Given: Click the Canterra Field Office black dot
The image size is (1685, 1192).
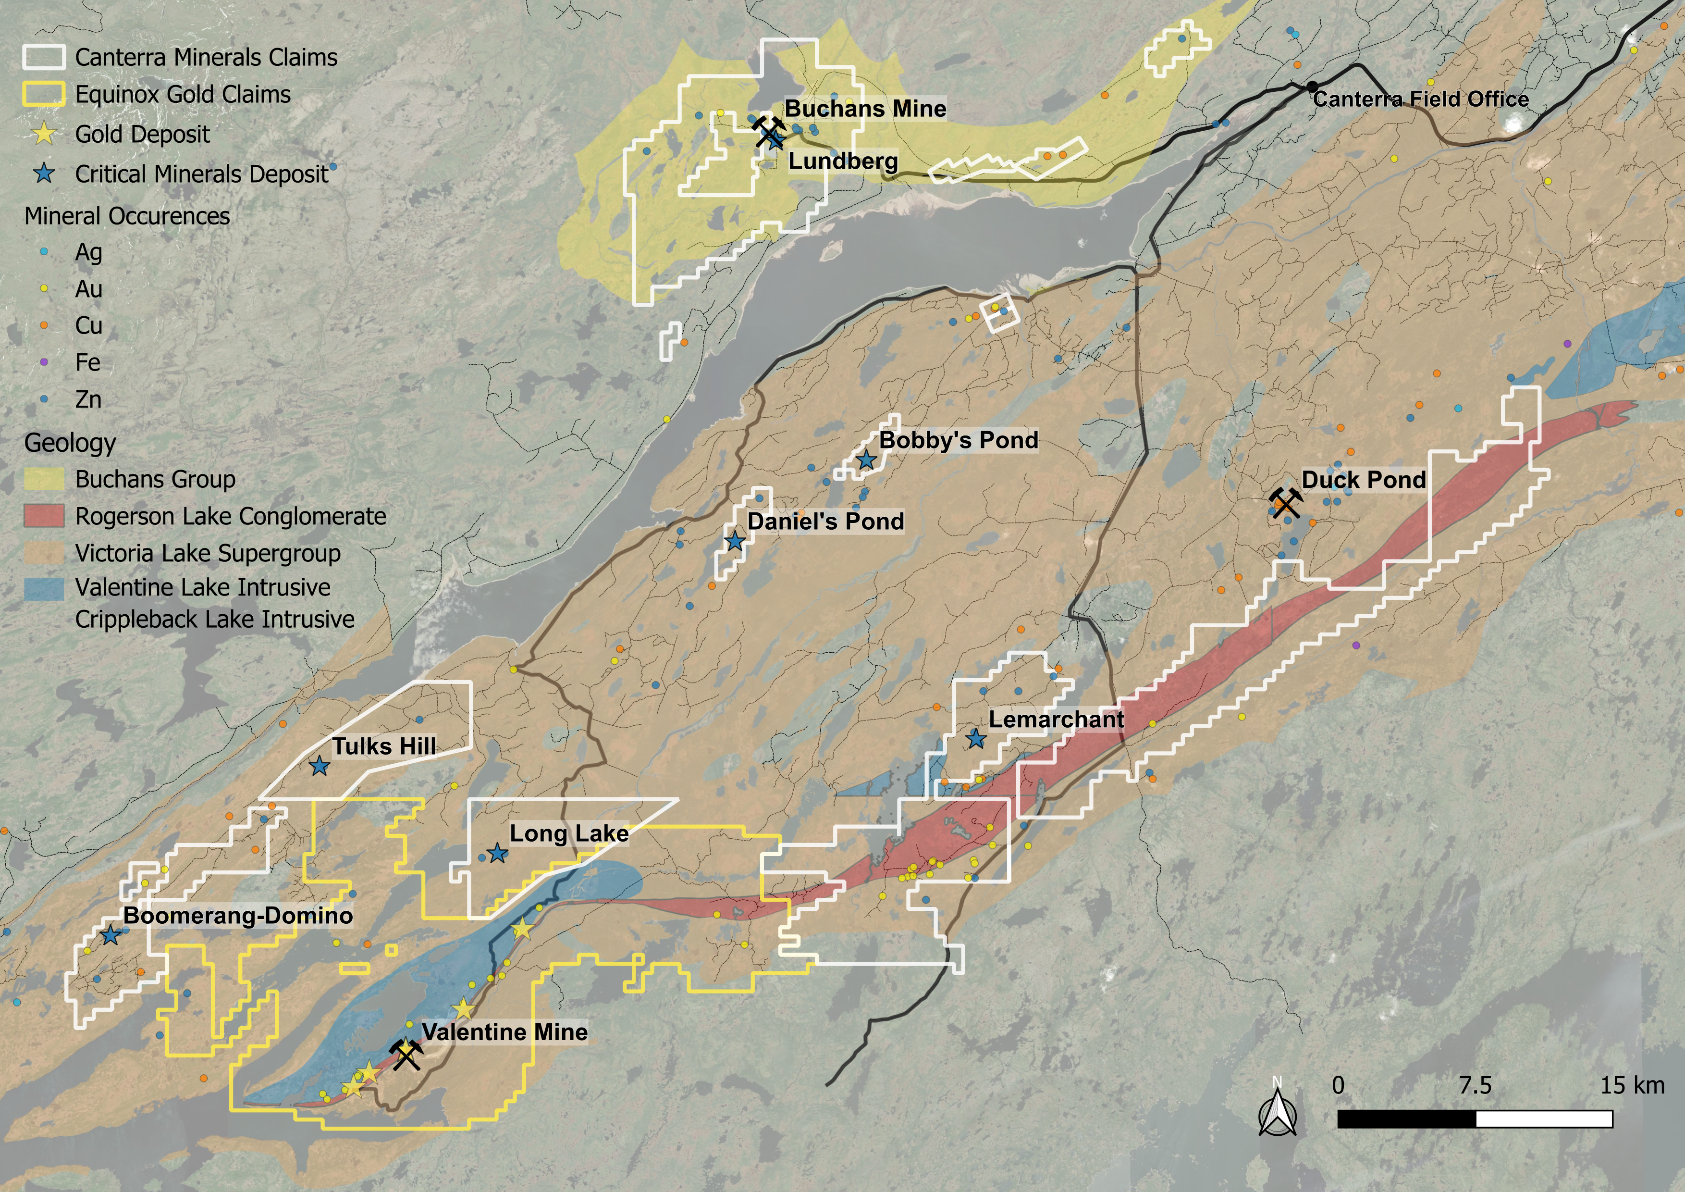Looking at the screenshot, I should point(1312,87).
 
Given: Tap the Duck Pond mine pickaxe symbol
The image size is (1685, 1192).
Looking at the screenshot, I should point(1286,503).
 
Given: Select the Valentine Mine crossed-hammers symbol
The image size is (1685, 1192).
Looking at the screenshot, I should point(406,1055).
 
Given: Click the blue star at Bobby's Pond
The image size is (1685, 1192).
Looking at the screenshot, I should point(867,460).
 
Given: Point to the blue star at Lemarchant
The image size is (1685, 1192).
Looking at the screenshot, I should point(975,738).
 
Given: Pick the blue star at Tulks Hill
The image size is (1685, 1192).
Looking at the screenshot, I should point(319,766).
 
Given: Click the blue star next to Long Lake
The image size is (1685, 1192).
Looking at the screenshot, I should point(498,854).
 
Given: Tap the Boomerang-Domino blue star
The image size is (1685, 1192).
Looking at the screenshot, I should point(111,936).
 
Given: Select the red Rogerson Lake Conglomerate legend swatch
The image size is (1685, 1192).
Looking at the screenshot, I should point(44,516).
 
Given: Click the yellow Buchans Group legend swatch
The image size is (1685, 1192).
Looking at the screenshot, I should point(44,479).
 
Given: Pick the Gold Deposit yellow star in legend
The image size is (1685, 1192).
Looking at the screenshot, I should point(45,134).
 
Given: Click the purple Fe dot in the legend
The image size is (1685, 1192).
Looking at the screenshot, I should point(44,362).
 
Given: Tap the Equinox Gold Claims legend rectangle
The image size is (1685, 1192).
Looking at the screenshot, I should point(44,95).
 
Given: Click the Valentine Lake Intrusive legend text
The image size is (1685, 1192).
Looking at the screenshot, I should point(203,587).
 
